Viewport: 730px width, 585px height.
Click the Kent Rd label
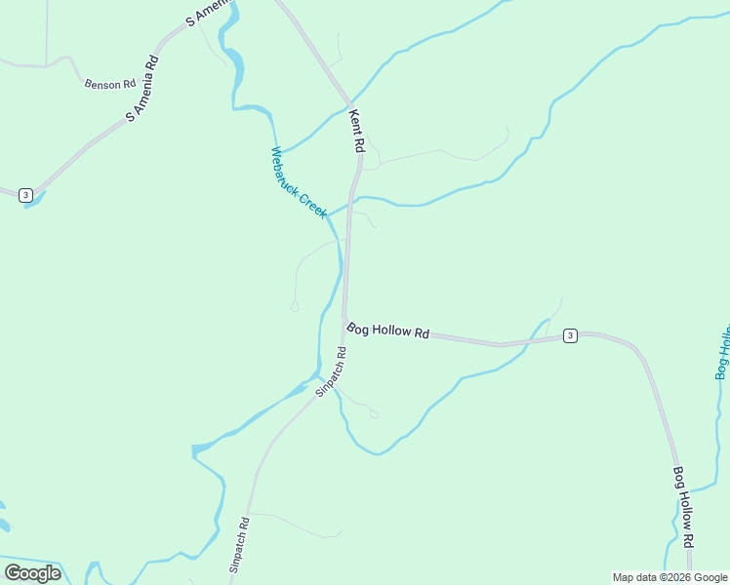pos(357,131)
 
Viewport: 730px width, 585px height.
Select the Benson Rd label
pos(109,85)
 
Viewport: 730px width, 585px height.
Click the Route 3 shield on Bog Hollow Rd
pos(570,335)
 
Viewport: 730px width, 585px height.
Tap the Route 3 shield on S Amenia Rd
pos(25,195)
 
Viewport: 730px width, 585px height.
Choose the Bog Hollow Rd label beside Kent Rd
pos(388,331)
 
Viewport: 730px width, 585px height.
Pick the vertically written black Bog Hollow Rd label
pos(683,506)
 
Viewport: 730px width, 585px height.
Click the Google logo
pos(32,573)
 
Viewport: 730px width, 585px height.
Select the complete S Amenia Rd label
pos(142,89)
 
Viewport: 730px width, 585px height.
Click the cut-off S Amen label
pos(209,13)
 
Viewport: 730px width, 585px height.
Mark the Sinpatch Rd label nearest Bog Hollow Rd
pos(331,371)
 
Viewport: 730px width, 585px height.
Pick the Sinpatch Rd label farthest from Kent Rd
pos(240,544)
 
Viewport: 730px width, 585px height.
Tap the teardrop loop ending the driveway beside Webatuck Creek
pos(295,307)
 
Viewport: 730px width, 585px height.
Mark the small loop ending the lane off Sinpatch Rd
pos(374,413)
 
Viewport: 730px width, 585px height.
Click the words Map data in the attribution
pos(632,577)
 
